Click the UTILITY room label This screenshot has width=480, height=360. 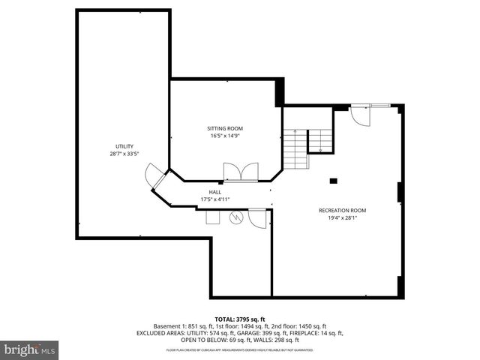(124, 145)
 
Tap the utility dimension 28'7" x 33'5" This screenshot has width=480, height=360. (124, 154)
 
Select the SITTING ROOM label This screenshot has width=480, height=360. (225, 128)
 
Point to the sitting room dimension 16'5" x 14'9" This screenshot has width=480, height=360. (225, 136)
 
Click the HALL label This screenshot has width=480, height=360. (214, 192)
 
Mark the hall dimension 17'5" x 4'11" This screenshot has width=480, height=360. (214, 199)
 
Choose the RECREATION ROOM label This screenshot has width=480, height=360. (343, 211)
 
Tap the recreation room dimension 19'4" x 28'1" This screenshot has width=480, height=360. (343, 219)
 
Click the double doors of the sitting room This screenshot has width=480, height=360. (241, 172)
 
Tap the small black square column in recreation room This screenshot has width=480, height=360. (334, 180)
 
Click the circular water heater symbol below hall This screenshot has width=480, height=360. (237, 218)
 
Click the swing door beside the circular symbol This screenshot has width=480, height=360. (258, 218)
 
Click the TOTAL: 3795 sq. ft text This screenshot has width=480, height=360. (239, 319)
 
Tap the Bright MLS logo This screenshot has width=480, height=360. (30, 349)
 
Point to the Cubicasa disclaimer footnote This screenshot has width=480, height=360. (239, 350)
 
